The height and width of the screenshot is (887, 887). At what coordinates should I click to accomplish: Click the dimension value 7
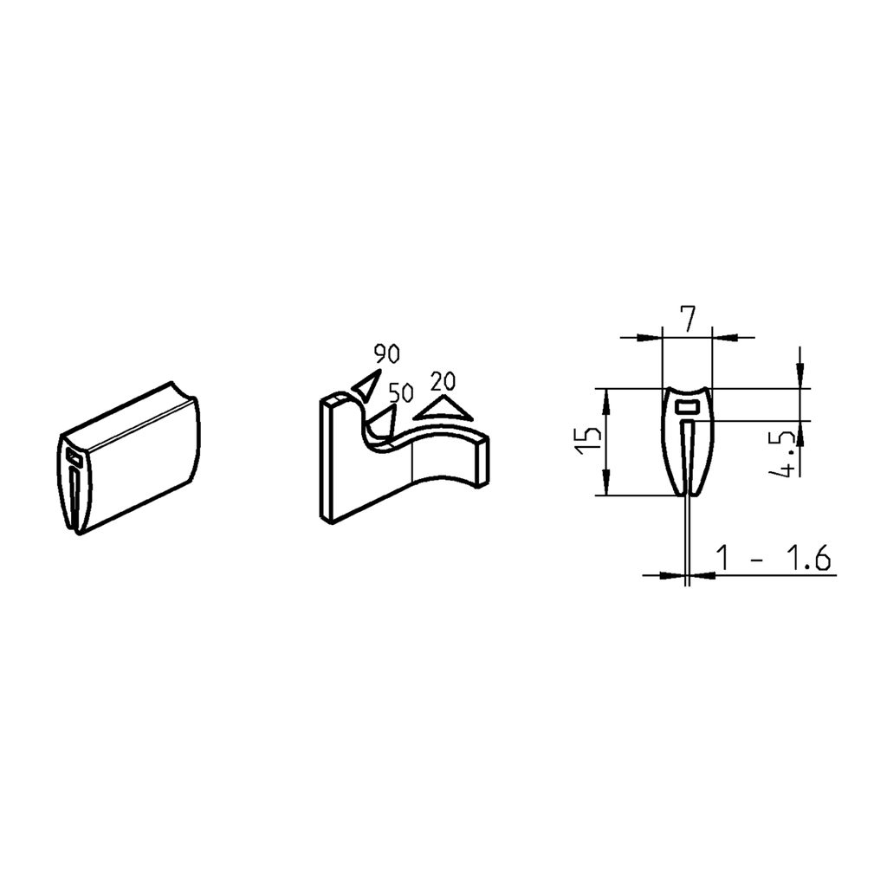tap(686, 320)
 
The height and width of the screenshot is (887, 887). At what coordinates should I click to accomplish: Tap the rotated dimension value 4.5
tap(787, 455)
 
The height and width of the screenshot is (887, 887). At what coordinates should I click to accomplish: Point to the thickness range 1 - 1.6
tap(774, 559)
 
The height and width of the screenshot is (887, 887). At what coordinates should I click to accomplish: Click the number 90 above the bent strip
tap(386, 353)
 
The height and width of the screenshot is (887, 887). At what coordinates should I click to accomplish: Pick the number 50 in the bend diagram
tap(400, 392)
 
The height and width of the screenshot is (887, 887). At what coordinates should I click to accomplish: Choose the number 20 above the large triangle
tap(443, 380)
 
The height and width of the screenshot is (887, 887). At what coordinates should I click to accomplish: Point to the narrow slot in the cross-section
tap(687, 459)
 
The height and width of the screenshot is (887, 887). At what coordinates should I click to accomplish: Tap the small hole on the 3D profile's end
tap(71, 454)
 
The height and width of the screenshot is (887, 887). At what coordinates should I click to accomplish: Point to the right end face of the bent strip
tap(483, 458)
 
